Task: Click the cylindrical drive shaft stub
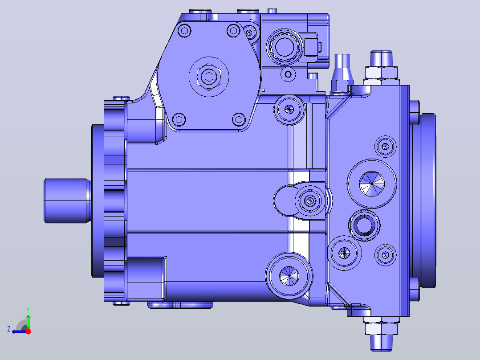coord(67,200)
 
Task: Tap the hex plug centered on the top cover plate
coord(209,77)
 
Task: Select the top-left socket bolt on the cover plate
coord(184,31)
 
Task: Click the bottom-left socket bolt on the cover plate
coord(179,119)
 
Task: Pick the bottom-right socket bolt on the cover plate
coord(239,119)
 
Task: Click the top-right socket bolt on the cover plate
coord(234,31)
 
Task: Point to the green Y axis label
coord(28,310)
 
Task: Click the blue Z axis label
coord(9,329)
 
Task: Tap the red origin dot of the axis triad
coord(28,331)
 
